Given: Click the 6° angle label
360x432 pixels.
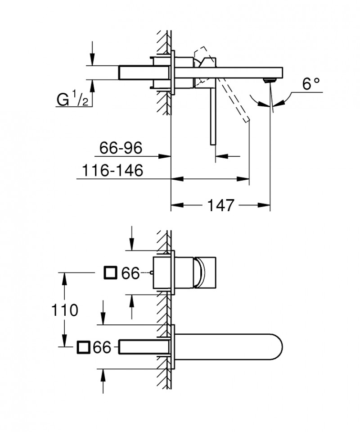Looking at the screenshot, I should [x=310, y=84].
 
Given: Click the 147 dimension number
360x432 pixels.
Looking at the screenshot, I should [x=220, y=205].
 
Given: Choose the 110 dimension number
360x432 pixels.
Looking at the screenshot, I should [x=64, y=310].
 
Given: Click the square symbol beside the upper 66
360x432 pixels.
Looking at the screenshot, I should [x=110, y=273].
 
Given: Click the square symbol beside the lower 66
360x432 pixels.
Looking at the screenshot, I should [x=83, y=347].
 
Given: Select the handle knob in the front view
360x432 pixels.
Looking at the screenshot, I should [x=206, y=273].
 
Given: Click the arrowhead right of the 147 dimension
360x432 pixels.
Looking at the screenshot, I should [x=265, y=205].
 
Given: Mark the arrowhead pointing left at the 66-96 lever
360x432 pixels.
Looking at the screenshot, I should [x=219, y=156].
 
